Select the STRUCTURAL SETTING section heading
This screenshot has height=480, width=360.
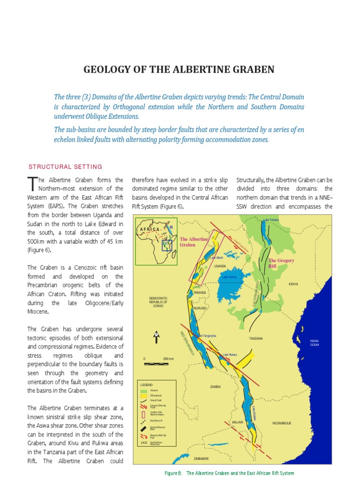coord(65,167)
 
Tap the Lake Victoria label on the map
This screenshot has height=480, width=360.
coord(229,277)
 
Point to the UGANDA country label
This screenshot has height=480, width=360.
coord(220,266)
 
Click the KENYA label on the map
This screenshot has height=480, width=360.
coord(293,284)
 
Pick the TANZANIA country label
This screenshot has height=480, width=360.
coord(255,338)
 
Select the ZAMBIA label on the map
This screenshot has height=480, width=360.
coord(216,387)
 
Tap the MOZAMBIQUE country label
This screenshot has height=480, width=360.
coord(282,423)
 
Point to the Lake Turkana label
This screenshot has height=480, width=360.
coord(271,220)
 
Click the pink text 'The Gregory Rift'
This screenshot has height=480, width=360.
coord(281,263)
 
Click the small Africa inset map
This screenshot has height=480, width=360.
coord(156,240)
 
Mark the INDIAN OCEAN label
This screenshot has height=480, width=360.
coord(314,343)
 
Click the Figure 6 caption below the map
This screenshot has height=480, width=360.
coord(229,473)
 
